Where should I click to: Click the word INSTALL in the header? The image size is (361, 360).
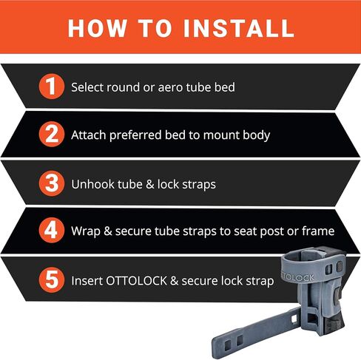pos(239,28)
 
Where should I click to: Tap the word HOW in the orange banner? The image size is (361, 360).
pos(98,28)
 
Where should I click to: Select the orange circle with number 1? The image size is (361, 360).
pos(52,86)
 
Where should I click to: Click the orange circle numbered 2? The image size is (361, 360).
pos(52,135)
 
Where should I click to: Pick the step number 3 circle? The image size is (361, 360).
pos(52,183)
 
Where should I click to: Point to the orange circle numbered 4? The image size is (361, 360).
pos(52,231)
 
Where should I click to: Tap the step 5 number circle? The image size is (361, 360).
pos(52,280)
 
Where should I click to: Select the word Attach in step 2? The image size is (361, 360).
pos(89,135)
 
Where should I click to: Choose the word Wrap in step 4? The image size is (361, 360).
pos(86,231)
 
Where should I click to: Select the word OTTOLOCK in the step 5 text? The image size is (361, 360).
pos(137,281)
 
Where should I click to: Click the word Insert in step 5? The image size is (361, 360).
pos(87,281)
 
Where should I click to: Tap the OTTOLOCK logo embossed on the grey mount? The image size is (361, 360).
pos(298,277)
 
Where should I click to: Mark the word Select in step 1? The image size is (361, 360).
pos(87,87)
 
